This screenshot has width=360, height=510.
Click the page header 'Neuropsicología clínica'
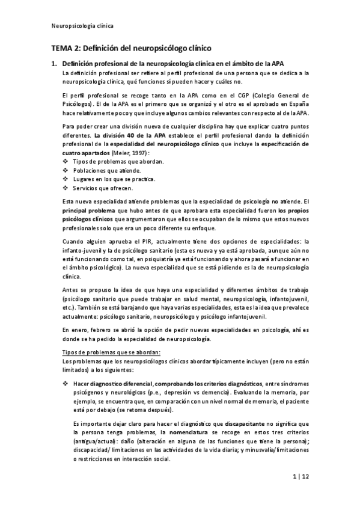pyautogui.click(x=83, y=26)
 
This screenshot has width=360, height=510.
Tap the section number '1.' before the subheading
pyautogui.click(x=53, y=63)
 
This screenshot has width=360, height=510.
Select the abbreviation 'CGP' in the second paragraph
pyautogui.click(x=261, y=96)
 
